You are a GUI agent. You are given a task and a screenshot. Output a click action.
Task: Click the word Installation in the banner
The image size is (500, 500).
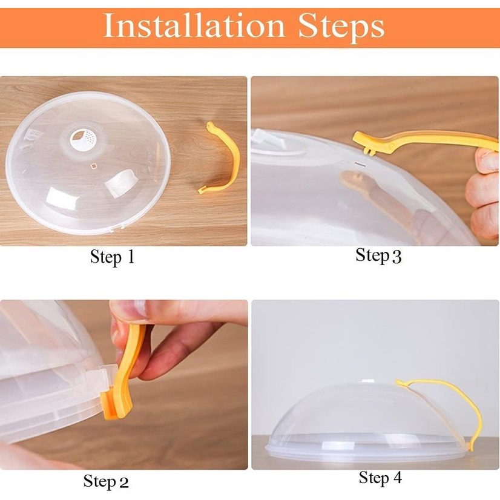point(194,25)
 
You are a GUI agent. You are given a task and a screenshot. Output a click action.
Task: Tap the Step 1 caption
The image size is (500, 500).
point(112,257)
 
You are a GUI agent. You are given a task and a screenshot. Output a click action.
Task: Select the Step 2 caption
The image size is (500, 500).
point(106,481)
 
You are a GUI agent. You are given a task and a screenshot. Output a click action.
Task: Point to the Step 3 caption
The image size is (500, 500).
point(378,255)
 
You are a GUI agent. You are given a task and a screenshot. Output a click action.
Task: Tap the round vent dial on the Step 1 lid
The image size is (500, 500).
point(83,139)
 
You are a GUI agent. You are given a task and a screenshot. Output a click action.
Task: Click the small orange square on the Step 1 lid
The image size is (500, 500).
point(93,165)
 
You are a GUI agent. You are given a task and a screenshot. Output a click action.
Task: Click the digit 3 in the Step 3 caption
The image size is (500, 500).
point(396,257)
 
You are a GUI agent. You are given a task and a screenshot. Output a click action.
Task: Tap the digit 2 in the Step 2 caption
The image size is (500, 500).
point(123,482)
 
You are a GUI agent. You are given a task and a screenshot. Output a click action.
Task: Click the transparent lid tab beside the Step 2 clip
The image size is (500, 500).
point(96,377)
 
